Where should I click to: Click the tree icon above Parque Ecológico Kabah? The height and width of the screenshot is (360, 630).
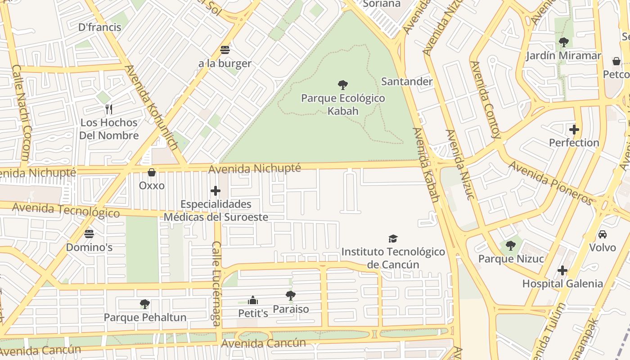tap(343, 85)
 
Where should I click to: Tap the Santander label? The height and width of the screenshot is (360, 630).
tap(406, 81)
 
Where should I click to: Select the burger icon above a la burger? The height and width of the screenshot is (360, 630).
tap(225, 50)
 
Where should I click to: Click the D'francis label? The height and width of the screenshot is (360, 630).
tap(99, 27)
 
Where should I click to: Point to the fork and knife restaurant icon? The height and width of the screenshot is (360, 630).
tap(108, 109)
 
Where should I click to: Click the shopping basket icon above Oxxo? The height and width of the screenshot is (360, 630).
tap(152, 172)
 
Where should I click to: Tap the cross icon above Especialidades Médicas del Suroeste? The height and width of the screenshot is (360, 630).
tap(216, 191)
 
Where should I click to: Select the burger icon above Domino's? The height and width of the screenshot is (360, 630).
tap(89, 234)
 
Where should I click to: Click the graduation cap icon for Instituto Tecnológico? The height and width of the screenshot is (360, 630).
tap(393, 238)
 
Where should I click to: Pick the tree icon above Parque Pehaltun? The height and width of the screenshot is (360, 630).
tap(144, 304)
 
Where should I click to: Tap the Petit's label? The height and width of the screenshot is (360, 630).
tap(253, 313)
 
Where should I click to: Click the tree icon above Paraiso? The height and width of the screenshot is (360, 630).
tap(291, 296)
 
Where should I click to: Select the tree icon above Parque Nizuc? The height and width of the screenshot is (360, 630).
tap(510, 246)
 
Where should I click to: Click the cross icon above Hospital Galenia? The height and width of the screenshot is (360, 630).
tap(562, 270)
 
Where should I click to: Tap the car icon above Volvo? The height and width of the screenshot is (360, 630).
tap(602, 234)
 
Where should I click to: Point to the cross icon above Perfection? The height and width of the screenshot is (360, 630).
tap(574, 130)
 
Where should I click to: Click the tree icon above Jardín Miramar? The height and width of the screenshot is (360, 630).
tap(563, 43)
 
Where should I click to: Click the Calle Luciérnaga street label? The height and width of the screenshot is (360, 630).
tap(216, 283)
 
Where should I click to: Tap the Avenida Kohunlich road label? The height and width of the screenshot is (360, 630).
tap(151, 108)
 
